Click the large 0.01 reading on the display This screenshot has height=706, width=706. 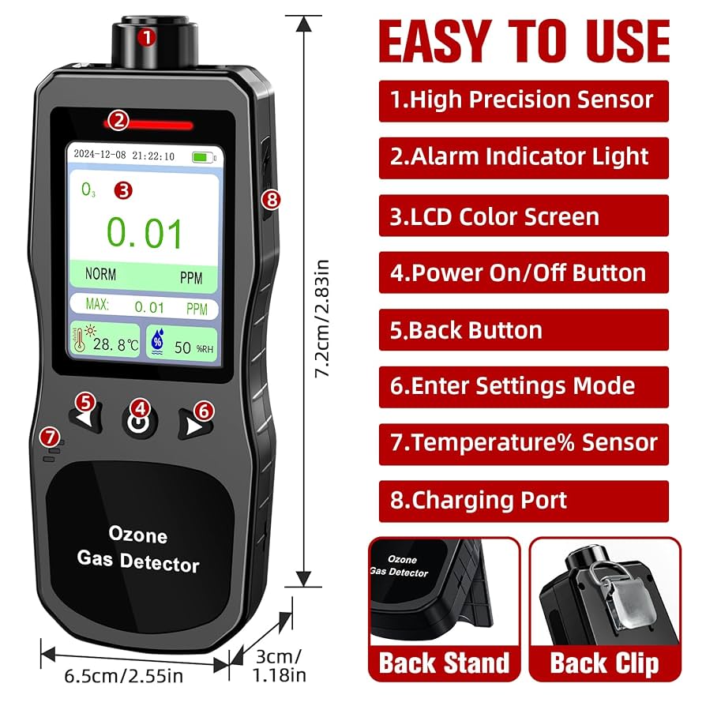click(145, 234)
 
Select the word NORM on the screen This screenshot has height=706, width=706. click(100, 275)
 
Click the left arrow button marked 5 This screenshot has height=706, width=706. click(85, 419)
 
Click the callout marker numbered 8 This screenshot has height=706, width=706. click(272, 200)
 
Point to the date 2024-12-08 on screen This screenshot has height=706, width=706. click(100, 156)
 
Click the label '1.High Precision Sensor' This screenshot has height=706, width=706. click(523, 100)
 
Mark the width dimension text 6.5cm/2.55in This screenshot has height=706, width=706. click(123, 677)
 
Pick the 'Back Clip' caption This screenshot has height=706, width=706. click(604, 663)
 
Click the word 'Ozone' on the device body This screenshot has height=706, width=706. click(138, 536)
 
